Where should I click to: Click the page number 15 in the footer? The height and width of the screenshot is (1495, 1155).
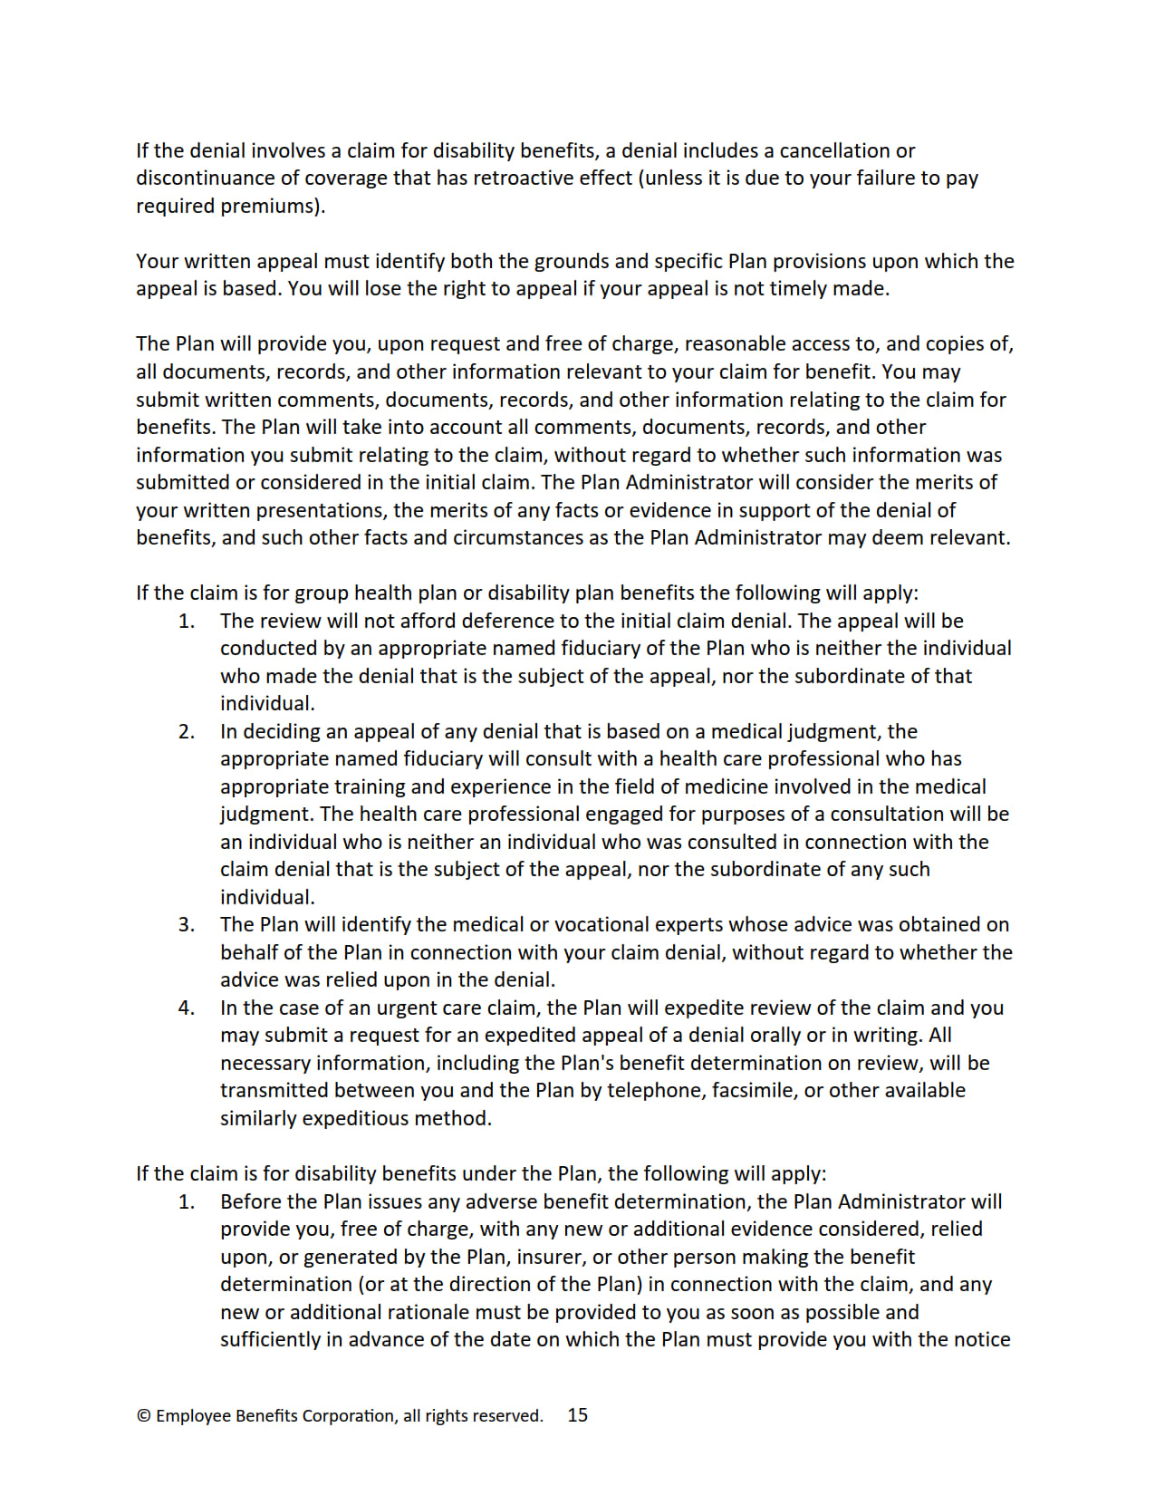[577, 1414]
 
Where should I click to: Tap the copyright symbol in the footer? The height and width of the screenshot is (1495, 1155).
[143, 1415]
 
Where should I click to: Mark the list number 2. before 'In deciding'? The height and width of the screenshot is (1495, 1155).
[187, 731]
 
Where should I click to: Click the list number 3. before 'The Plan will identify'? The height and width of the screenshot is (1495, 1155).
[187, 924]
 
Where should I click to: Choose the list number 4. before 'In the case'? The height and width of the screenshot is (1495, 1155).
[187, 1008]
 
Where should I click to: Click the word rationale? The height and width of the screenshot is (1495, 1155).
[428, 1312]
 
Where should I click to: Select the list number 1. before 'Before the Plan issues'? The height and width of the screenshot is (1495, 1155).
[187, 1201]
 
